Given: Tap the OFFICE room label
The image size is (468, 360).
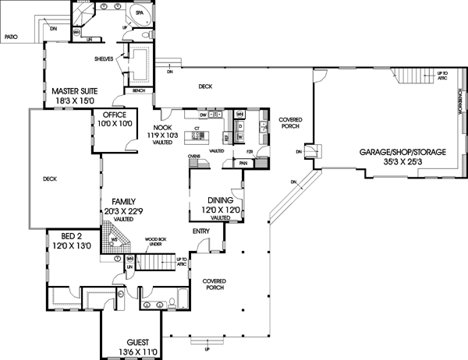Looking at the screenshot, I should tap(114, 114).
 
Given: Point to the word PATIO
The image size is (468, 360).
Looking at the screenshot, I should tap(11, 36).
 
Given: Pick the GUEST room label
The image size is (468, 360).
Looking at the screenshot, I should tap(136, 341).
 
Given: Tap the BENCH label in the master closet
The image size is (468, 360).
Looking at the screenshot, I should tap(139, 90).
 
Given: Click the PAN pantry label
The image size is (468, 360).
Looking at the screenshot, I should tap(243, 163).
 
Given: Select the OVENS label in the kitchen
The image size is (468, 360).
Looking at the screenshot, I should tap(195, 157).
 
